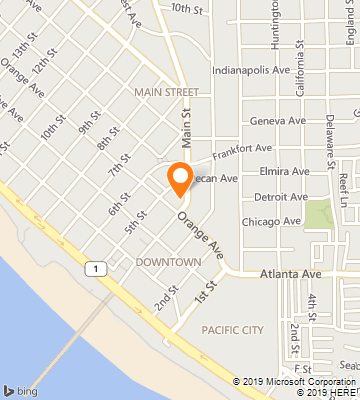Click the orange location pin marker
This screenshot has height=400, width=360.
pyautogui.click(x=180, y=177)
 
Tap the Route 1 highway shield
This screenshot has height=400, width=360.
pyautogui.click(x=95, y=269)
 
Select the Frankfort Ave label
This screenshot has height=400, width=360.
pyautogui.click(x=242, y=149)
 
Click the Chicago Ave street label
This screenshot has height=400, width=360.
pyautogui.click(x=270, y=221)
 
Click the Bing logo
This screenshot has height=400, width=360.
pyautogui.click(x=21, y=389)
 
